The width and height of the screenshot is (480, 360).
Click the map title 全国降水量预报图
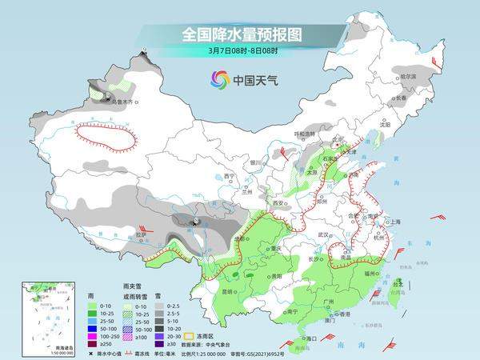pyautogui.click(x=232, y=34)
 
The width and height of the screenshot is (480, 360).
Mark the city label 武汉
pyautogui.click(x=324, y=234)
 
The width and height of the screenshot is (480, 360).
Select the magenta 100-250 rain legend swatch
pyautogui.click(x=92, y=336)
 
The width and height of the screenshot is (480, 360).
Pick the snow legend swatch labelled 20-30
pyautogui.click(x=161, y=336)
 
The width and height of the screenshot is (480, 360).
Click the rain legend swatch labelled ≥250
pyautogui.click(x=92, y=344)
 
